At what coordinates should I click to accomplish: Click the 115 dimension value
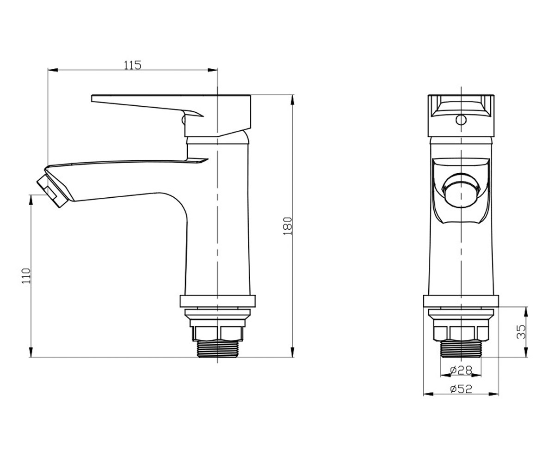133,65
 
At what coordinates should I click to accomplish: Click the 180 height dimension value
288,226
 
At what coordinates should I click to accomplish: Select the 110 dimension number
26,276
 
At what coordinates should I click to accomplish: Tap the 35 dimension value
521,332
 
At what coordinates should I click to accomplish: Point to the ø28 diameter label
461,370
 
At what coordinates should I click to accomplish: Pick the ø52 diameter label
461,389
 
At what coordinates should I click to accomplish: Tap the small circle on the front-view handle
461,120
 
